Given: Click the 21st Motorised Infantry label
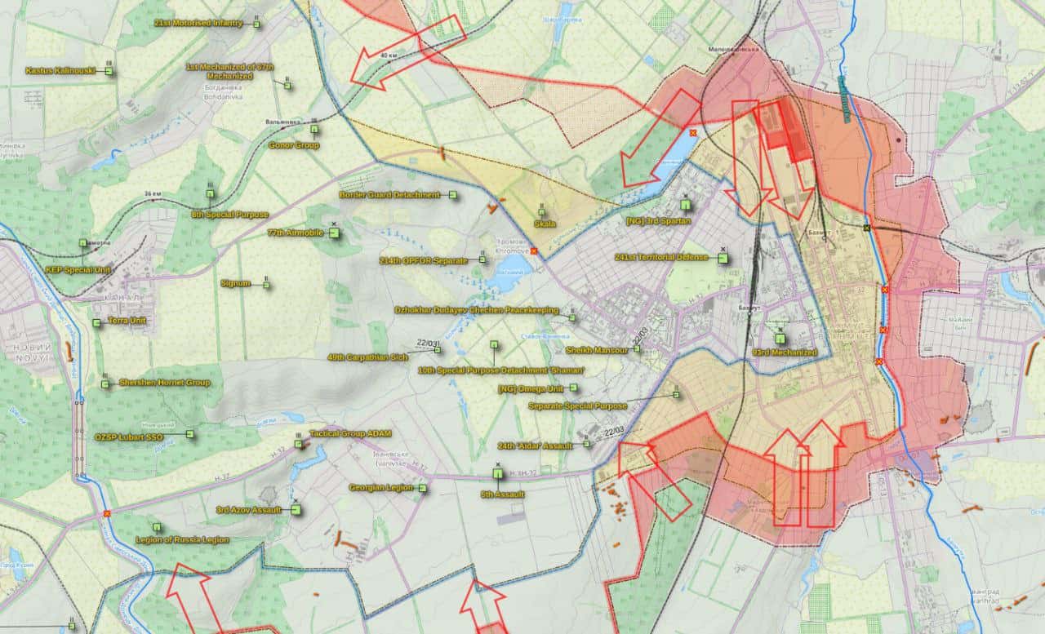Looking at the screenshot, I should click(198, 24).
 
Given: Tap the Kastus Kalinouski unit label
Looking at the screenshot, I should click(60, 71).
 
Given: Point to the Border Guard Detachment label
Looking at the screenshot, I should click(389, 195).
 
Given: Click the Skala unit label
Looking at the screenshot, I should click(545, 224).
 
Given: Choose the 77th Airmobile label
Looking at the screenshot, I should click(295, 233).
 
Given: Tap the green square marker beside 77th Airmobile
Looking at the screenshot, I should click(333, 233).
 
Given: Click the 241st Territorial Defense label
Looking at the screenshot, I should click(661, 257).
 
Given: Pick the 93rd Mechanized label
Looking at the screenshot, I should click(784, 352).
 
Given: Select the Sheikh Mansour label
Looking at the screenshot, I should click(597, 349).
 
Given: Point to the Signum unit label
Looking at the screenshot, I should click(235, 283).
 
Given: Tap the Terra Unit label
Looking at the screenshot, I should click(127, 321).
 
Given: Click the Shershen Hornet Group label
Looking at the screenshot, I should click(164, 382).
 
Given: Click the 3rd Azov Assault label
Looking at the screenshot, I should click(248, 510).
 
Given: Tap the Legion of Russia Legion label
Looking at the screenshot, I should click(182, 539).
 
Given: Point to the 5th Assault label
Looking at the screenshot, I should click(502, 494).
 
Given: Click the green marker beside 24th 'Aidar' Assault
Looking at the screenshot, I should click(586, 445).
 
